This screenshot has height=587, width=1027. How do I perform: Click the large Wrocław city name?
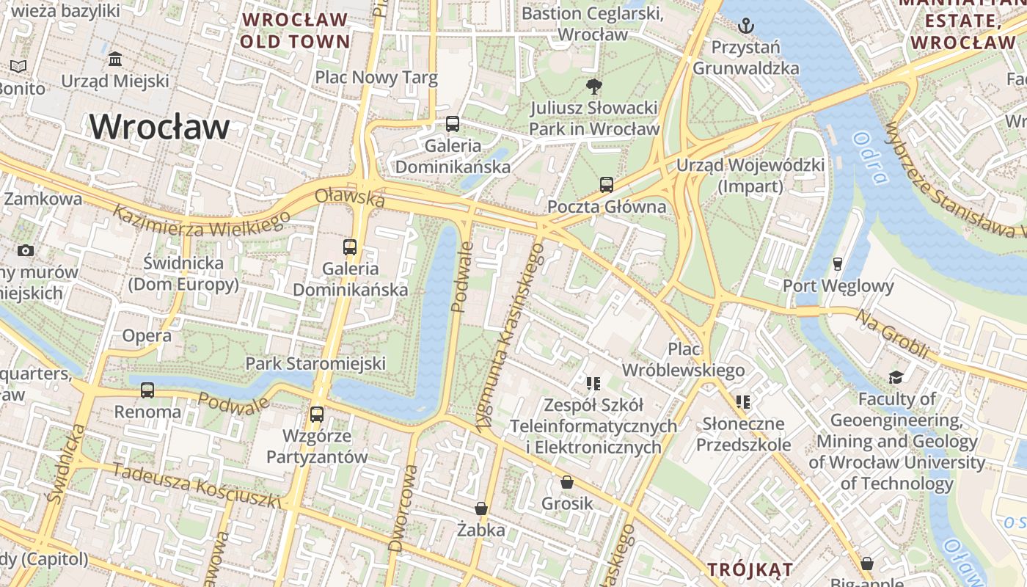pyautogui.click(x=159, y=127)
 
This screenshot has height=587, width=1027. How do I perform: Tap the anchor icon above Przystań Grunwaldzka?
pyautogui.click(x=745, y=26)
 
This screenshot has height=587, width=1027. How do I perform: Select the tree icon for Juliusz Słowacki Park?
pyautogui.click(x=593, y=87)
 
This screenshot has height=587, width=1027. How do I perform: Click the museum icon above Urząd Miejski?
pyautogui.click(x=115, y=59)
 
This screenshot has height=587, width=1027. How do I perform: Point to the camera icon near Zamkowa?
pyautogui.click(x=26, y=250)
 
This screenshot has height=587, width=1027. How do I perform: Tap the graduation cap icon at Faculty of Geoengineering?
pyautogui.click(x=896, y=377)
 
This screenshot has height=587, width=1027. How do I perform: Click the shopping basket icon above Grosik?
pyautogui.click(x=566, y=482)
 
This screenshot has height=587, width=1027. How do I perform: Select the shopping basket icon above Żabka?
pyautogui.click(x=480, y=508)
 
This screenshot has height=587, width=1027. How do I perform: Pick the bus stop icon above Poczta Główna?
pyautogui.click(x=606, y=185)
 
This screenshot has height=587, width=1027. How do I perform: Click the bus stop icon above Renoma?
pyautogui.click(x=147, y=390)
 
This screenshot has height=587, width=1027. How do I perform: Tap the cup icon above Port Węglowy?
pyautogui.click(x=838, y=263)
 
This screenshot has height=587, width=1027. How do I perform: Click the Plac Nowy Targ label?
pyautogui.click(x=376, y=77)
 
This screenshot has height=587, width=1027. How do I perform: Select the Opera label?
pyautogui.click(x=147, y=336)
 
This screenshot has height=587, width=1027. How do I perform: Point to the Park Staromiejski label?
pyautogui.click(x=315, y=363)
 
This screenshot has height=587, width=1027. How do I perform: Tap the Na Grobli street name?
pyautogui.click(x=892, y=335)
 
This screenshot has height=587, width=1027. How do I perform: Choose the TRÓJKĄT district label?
pyautogui.click(x=750, y=569)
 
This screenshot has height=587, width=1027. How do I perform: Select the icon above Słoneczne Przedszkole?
pyautogui.click(x=742, y=402)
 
